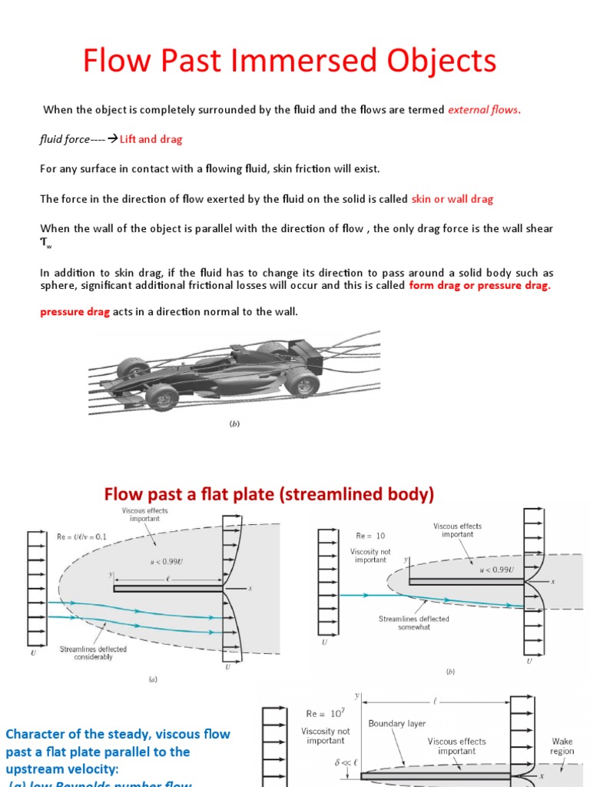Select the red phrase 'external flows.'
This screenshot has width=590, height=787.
pyautogui.click(x=484, y=110)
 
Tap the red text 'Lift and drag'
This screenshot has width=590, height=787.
pyautogui.click(x=151, y=140)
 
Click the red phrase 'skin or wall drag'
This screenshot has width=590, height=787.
pyautogui.click(x=452, y=199)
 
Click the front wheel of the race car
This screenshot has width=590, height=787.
pyautogui.click(x=161, y=397)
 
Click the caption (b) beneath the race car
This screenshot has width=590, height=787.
pyautogui.click(x=235, y=423)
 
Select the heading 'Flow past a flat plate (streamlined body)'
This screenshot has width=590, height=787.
pyautogui.click(x=269, y=494)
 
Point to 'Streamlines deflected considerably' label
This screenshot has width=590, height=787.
pyautogui.click(x=93, y=653)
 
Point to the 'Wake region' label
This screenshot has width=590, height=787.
pyautogui.click(x=562, y=746)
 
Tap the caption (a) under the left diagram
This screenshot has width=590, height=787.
pyautogui.click(x=153, y=679)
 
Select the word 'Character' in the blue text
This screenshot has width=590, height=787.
pyautogui.click(x=32, y=734)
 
